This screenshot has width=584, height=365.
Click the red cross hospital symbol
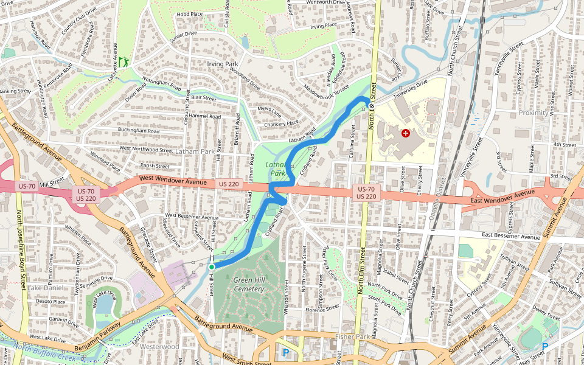click(406, 133)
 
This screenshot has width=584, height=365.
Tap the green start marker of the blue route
click(212, 266)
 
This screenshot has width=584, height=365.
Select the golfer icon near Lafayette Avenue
click(123, 61)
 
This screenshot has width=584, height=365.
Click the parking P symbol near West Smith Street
click(285, 352)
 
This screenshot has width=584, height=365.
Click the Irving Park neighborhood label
click(222, 64)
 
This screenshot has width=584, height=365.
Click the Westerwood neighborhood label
click(159, 347)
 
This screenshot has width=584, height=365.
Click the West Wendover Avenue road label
click(173, 179)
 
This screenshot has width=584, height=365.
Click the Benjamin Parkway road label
click(97, 338)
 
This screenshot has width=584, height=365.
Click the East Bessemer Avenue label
click(510, 237)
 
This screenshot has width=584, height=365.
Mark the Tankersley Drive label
click(410, 89)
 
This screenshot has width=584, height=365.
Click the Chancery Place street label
click(281, 123)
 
